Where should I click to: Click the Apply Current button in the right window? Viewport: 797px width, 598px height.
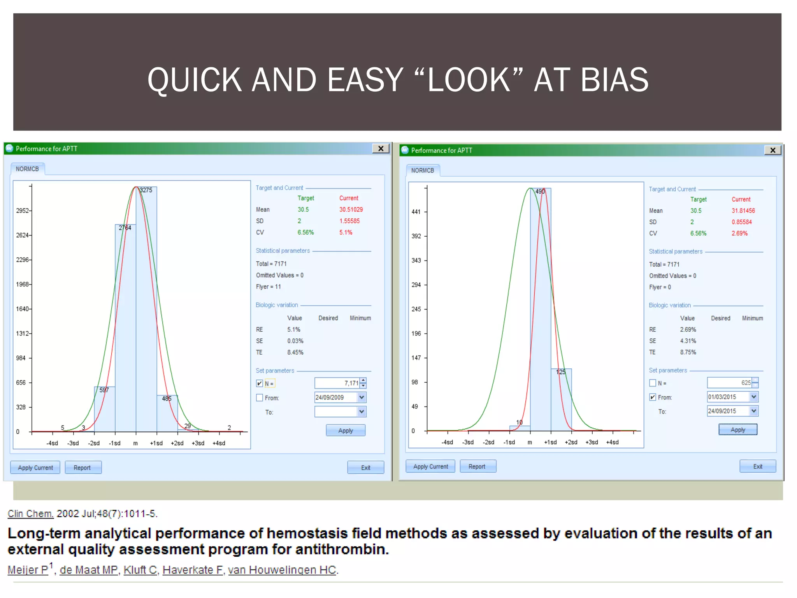(x=430, y=466)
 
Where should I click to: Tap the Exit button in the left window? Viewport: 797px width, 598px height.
(x=365, y=468)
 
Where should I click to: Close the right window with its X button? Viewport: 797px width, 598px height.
(x=772, y=150)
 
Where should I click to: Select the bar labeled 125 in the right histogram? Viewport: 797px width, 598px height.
(x=561, y=401)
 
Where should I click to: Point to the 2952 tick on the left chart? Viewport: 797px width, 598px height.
(x=23, y=211)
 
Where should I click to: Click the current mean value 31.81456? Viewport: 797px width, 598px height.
(x=743, y=211)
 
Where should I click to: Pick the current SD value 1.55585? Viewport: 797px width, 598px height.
(x=349, y=221)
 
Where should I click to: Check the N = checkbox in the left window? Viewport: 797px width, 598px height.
(x=260, y=383)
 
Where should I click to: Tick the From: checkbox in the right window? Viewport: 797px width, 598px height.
(x=653, y=397)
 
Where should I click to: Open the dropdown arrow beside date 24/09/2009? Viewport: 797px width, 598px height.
(x=362, y=397)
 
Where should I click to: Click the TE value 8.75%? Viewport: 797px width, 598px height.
(x=688, y=352)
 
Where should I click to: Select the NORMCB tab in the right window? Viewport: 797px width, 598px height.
(x=422, y=171)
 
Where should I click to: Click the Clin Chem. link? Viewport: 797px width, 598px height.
(x=30, y=514)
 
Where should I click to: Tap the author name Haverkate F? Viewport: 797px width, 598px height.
(x=193, y=570)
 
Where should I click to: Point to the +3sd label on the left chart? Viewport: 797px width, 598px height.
(x=198, y=443)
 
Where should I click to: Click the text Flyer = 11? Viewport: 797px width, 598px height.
(x=268, y=287)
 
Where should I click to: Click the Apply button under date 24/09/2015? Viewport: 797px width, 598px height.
(x=737, y=429)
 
